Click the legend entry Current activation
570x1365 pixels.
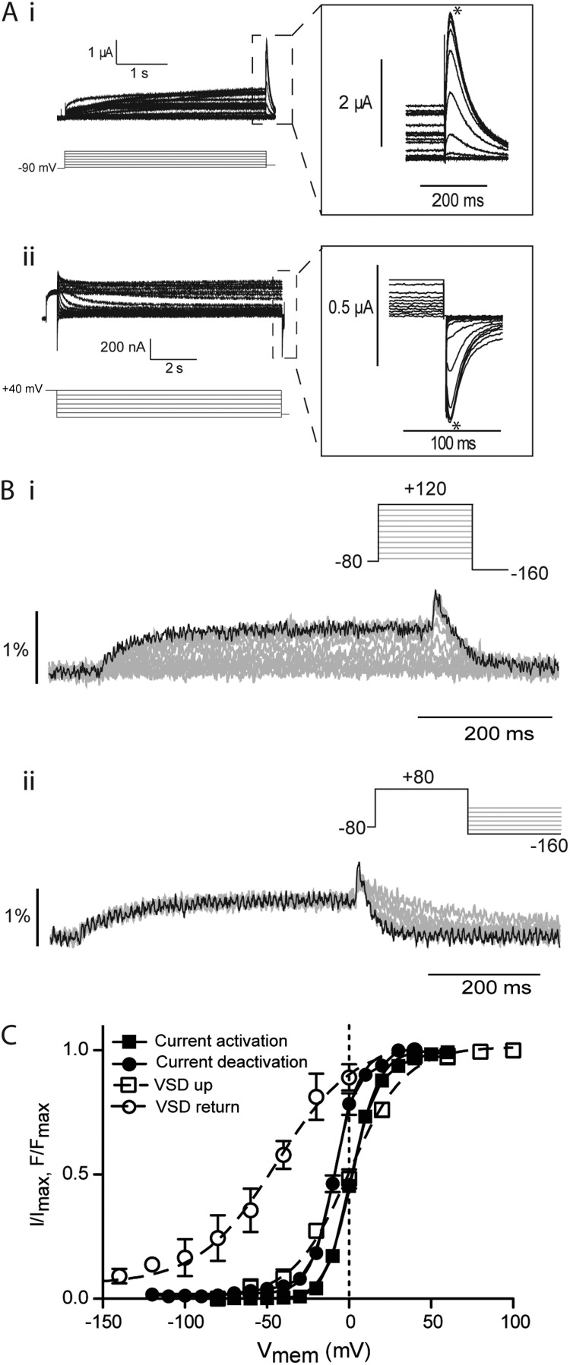tap(198, 1040)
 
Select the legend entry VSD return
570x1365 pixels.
tap(178, 1106)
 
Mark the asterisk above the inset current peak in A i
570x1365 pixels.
tap(457, 11)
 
